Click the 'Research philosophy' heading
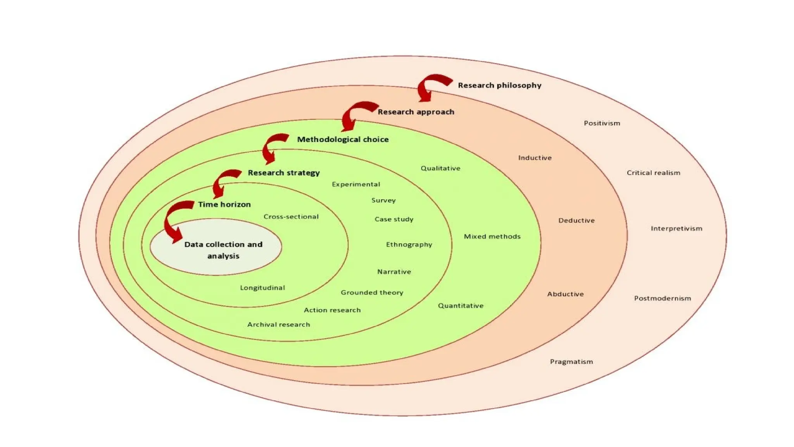(x=499, y=85)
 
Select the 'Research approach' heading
(x=416, y=112)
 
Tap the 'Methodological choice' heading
(x=343, y=139)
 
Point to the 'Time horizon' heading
(x=224, y=204)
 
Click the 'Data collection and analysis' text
(x=223, y=250)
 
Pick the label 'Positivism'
(x=602, y=123)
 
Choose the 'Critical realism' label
(x=653, y=173)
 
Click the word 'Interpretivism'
(x=676, y=229)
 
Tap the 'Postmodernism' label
(x=662, y=298)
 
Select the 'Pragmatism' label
(x=571, y=362)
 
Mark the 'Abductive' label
(x=565, y=294)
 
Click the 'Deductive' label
(x=576, y=220)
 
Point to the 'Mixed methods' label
(x=492, y=236)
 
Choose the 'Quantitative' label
(x=461, y=306)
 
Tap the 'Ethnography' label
(x=409, y=244)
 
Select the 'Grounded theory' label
(x=372, y=293)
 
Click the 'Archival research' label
(x=278, y=324)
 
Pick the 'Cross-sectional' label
(x=291, y=217)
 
